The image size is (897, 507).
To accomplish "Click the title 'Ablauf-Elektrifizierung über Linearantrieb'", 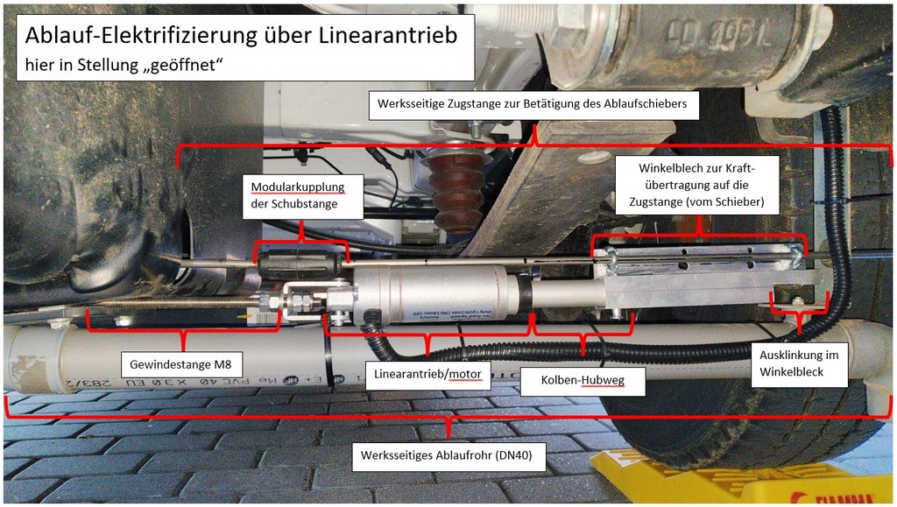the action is (241, 35).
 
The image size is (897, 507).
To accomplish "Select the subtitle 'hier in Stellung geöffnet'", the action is (123, 65).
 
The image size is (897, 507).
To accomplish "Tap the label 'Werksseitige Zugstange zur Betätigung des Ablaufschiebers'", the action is (532, 104).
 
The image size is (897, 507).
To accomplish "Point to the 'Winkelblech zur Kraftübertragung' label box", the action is (696, 185).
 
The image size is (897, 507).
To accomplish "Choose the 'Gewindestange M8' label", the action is (180, 364).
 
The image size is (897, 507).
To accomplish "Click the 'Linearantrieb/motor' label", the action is (427, 375).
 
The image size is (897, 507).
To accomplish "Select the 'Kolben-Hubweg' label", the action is (583, 380).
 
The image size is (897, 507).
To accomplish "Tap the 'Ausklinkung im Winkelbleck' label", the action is (799, 363).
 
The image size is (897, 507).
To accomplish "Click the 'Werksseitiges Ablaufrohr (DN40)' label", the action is (446, 455).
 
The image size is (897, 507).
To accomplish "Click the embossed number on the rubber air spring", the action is (719, 33).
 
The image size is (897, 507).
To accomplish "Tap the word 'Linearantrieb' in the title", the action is (388, 35).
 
